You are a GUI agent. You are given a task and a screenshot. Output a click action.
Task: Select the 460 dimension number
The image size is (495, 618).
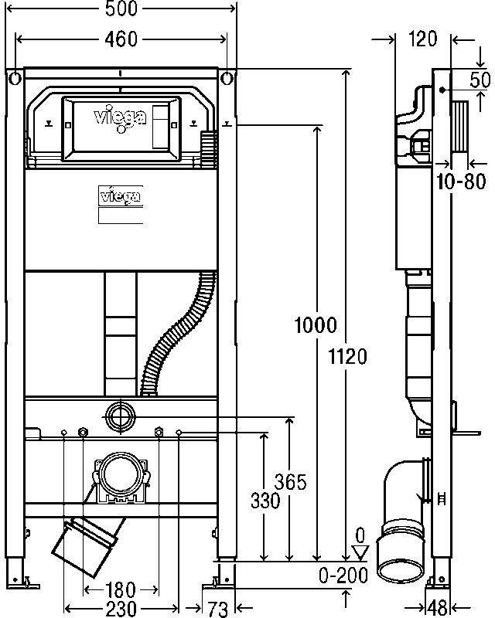click(x=122, y=39)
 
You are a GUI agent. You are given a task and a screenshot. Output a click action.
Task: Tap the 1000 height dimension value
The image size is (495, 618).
click(x=316, y=325)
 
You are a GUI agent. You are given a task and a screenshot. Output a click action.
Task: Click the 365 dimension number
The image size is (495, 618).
click(x=291, y=482)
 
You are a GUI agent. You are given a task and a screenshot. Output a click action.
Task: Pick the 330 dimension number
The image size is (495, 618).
click(x=265, y=501)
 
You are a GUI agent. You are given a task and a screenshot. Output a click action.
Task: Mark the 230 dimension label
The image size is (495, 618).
click(x=121, y=608)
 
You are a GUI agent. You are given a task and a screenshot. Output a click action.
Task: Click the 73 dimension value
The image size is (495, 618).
click(x=218, y=608)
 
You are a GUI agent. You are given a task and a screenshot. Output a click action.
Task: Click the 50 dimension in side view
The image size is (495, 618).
click(x=481, y=80)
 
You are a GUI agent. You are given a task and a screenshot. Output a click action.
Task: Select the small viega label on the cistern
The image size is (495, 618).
click(x=121, y=195)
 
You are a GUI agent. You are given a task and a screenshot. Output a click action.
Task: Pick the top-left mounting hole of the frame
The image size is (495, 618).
click(x=15, y=78)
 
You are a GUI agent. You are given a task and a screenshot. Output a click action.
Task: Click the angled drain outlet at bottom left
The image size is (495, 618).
click(x=86, y=545)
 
